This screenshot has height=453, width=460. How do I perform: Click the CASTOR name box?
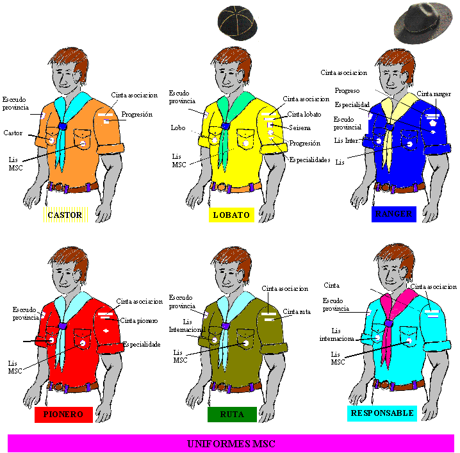[x=65, y=215]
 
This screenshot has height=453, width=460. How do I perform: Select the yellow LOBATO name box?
[x=231, y=215]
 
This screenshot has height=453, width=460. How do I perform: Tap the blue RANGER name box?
[x=394, y=214]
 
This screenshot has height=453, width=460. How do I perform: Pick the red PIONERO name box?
[x=63, y=414]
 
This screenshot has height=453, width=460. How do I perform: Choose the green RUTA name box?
[x=231, y=415]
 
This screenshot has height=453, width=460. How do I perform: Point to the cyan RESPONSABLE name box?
[x=382, y=413]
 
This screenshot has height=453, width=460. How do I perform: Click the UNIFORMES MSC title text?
[x=231, y=443]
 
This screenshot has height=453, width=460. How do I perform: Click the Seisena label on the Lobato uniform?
[x=299, y=128]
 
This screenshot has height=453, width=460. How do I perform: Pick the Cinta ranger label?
[x=434, y=94]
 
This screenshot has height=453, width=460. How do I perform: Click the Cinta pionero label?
[x=139, y=320]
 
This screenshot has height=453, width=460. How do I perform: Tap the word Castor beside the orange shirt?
[x=13, y=133]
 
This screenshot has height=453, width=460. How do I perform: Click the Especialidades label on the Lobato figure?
[x=309, y=159]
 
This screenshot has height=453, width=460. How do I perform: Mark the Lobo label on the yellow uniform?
[x=177, y=128]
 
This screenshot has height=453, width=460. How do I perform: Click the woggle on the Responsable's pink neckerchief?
[x=388, y=324]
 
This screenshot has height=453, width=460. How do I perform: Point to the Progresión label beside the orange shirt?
[x=136, y=114]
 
